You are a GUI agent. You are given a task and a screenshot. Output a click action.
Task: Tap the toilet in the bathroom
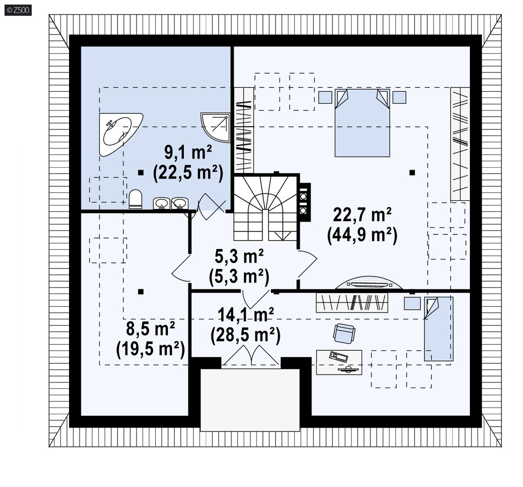135,199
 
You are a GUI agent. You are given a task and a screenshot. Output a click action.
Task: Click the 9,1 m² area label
188,153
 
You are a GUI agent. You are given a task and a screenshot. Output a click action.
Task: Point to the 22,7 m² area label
362,214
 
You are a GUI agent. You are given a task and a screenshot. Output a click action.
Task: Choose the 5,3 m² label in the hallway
239,256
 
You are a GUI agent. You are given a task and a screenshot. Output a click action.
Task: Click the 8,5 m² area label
150,328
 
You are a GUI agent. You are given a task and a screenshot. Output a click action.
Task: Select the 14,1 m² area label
246,314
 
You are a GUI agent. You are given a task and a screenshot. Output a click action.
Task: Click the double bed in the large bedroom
362,123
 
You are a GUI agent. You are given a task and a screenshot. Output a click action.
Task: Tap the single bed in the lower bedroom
439,329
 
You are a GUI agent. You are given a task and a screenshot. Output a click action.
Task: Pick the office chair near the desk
344,333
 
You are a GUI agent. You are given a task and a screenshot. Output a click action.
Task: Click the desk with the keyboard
339,362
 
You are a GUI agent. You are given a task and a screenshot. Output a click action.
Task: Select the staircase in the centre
265,208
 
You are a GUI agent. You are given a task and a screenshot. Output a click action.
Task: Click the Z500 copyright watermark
18,10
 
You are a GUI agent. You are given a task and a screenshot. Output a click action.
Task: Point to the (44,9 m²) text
362,235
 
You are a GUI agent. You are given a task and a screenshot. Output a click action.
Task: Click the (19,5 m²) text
150,349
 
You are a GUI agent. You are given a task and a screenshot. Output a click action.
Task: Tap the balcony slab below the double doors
250,399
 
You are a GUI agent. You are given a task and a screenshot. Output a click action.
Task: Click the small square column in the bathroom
141,173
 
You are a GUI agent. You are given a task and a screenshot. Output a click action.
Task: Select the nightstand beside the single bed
412,303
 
